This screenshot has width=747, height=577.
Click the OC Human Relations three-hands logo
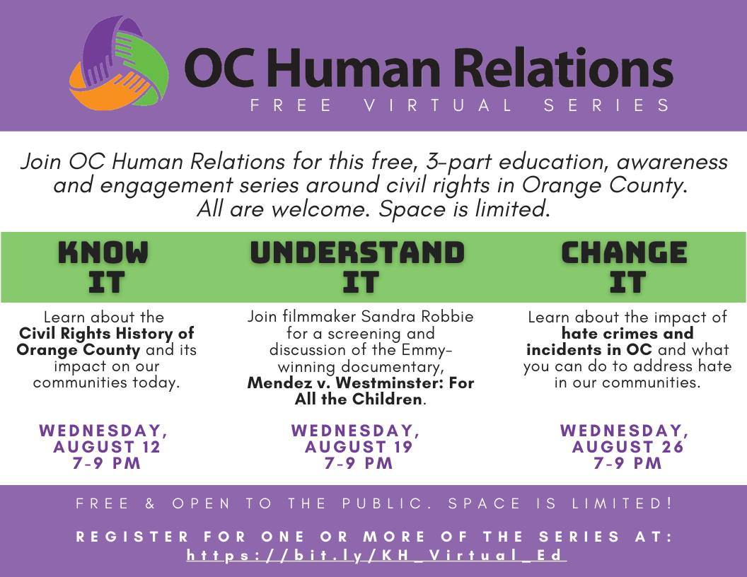pyautogui.click(x=119, y=63)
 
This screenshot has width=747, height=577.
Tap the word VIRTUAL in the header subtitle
pyautogui.click(x=439, y=105)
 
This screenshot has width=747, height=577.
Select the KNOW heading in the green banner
pyautogui.click(x=103, y=252)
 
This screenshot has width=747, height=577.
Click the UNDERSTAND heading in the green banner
pyautogui.click(x=357, y=252)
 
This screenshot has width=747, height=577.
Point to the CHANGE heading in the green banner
pyautogui.click(x=624, y=252)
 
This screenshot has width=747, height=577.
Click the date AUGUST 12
pyautogui.click(x=107, y=447)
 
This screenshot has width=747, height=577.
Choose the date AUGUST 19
pyautogui.click(x=358, y=447)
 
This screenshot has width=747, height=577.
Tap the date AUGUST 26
pyautogui.click(x=628, y=447)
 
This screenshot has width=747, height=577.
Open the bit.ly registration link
pyautogui.click(x=376, y=556)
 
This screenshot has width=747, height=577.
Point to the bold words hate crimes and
pyautogui.click(x=627, y=333)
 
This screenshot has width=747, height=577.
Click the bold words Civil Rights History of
pyautogui.click(x=107, y=333)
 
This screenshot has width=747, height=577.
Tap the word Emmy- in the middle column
pyautogui.click(x=427, y=350)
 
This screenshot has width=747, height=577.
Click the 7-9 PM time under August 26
pyautogui.click(x=628, y=463)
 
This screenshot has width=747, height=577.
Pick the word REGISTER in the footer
pyautogui.click(x=132, y=537)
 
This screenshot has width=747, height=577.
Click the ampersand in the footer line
pyautogui.click(x=150, y=503)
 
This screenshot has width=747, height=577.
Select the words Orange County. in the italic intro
pyautogui.click(x=605, y=186)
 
